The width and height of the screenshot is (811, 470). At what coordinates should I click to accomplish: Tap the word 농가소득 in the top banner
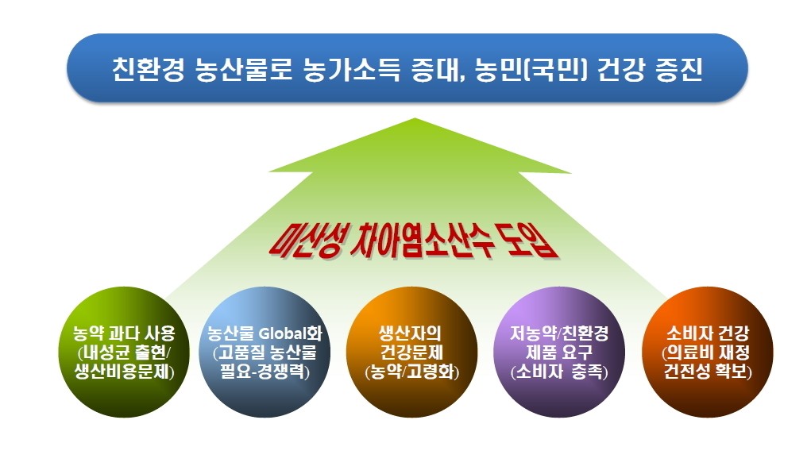tap(351, 69)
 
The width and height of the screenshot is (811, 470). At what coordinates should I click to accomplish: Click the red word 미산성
tap(305, 240)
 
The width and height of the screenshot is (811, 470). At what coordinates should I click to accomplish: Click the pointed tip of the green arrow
tap(415, 118)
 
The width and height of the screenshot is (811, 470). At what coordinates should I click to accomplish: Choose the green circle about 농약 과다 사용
tap(124, 352)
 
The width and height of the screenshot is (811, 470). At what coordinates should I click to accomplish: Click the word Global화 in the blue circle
tap(290, 333)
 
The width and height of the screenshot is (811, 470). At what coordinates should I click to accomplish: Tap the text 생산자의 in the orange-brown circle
tap(411, 333)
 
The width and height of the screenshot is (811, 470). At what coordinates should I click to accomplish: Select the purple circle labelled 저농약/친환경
tap(560, 352)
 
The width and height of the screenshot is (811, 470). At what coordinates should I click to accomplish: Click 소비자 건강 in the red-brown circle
tap(708, 333)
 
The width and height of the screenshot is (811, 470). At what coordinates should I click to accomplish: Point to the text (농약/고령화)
tap(411, 372)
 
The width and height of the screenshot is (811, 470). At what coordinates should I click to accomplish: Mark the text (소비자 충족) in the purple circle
tap(559, 372)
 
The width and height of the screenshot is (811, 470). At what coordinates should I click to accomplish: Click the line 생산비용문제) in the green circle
tap(124, 372)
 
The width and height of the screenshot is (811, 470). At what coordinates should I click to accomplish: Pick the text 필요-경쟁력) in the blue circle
tap(265, 372)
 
